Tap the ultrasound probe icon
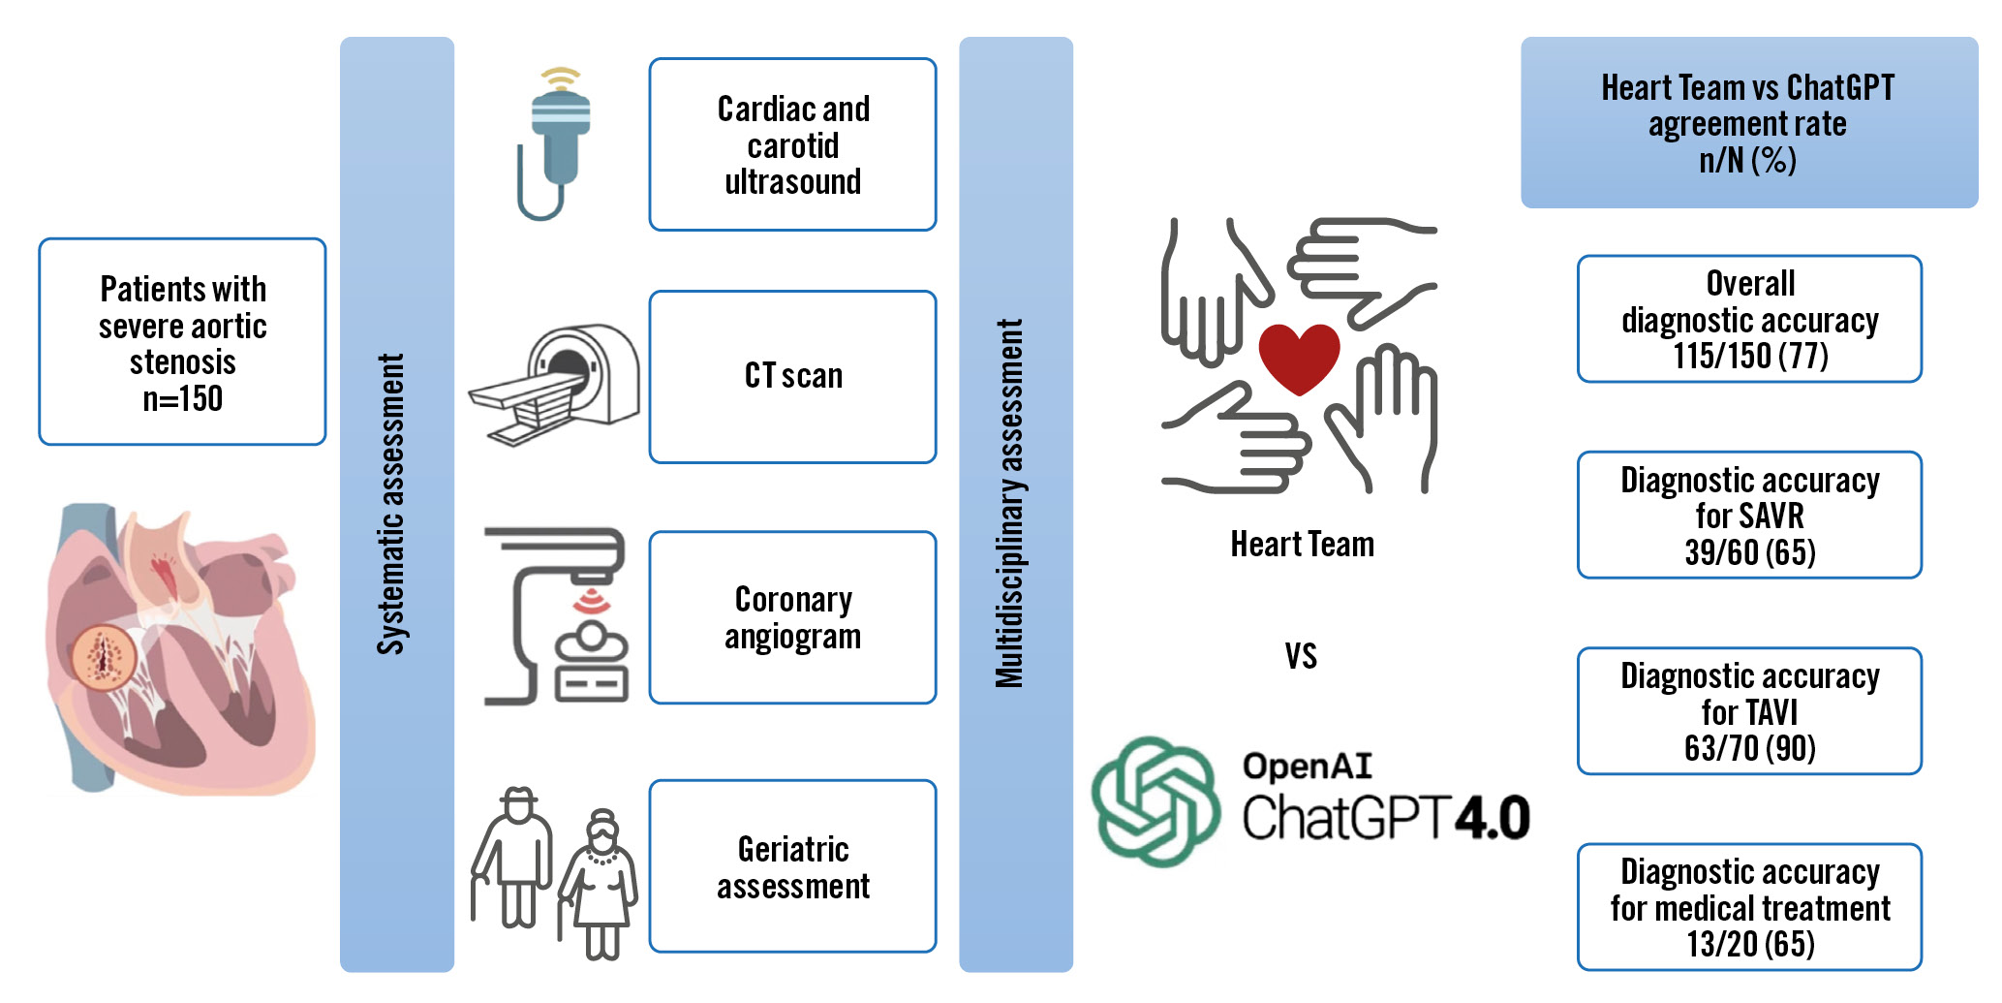[x=556, y=143]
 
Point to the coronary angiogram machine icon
[x=556, y=617]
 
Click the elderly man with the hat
[x=514, y=857]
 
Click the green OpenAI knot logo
[x=1155, y=800]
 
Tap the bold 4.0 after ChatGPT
[x=1492, y=818]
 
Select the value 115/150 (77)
[x=1749, y=357]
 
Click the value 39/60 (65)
[x=1749, y=552]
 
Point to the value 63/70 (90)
[x=1749, y=748]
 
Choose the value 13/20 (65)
[x=1749, y=944]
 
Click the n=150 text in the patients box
[x=183, y=398]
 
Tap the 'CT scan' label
[x=793, y=376]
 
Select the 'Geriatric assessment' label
[x=793, y=867]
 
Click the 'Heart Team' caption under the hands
[x=1302, y=545]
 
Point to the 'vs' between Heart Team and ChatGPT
[x=1301, y=656]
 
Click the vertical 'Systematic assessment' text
[x=391, y=504]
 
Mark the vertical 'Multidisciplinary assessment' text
[x=1010, y=504]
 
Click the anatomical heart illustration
[x=179, y=649]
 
